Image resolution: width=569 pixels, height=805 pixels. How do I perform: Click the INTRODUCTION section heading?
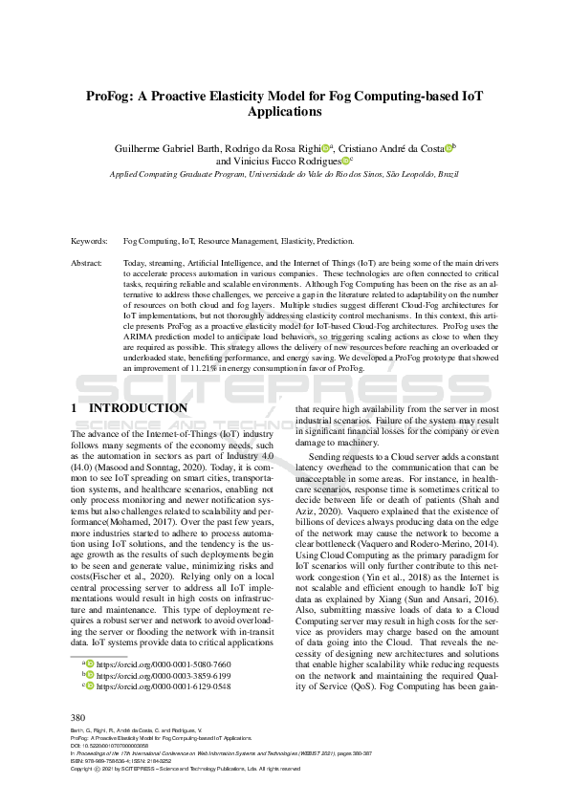pos(139,408)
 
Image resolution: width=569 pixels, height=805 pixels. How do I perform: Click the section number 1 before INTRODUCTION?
pos(75,408)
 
